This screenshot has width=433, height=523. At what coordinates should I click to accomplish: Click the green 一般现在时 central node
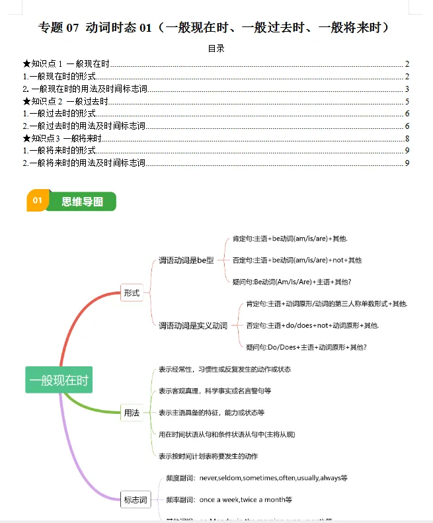coord(58,380)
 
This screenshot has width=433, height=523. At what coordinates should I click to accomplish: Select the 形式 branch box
coord(132,292)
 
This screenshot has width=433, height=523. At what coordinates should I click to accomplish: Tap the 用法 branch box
coord(132,413)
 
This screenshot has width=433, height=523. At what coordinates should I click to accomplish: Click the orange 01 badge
coord(37,201)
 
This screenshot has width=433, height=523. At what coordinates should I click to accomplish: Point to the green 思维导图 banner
coord(82,202)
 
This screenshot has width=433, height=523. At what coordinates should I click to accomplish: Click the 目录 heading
coord(216,48)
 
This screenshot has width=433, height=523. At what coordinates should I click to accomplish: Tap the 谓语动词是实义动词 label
coord(193,325)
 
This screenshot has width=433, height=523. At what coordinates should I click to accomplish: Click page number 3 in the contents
coord(407,89)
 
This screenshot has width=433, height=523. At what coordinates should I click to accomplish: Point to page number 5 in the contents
coord(407,101)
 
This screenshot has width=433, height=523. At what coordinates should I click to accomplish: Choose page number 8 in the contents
coord(407,138)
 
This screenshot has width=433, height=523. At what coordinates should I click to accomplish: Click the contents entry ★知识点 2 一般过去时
coord(65,101)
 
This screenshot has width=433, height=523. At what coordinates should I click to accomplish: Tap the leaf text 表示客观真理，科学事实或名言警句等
coord(215,391)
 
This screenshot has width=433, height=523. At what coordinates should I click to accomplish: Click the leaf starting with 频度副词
coord(257,477)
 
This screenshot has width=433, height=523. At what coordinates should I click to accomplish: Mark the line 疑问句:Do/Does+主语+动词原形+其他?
coord(306,347)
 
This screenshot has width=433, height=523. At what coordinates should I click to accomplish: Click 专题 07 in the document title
coord(59,27)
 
